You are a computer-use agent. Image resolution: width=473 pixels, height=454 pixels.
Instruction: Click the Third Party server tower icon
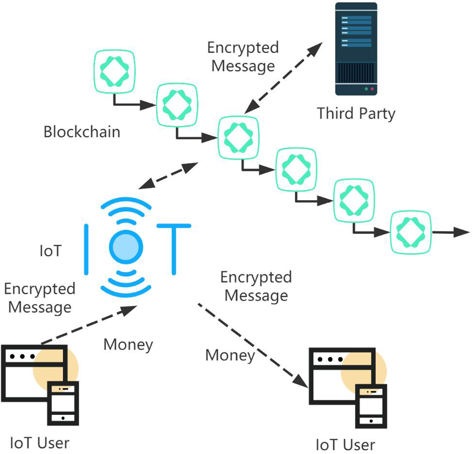pos(356,49)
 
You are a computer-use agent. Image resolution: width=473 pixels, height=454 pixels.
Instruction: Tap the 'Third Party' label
pos(356,113)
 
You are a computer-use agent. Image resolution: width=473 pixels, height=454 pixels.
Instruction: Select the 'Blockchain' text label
pos(82,132)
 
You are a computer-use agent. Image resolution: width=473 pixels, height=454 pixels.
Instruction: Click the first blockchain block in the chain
pos(114,71)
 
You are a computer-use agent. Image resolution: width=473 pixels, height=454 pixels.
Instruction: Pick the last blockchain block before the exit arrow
pos(410,233)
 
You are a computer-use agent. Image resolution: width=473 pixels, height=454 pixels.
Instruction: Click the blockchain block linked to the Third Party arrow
pos(238,137)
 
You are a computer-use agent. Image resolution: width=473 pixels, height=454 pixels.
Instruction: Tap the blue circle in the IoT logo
pos(126,247)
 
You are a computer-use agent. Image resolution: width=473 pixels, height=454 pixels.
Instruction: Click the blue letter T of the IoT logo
pos(174,248)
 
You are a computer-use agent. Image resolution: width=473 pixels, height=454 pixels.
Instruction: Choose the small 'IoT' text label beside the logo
pos(50,251)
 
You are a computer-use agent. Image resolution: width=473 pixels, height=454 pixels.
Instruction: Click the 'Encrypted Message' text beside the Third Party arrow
pos(243,56)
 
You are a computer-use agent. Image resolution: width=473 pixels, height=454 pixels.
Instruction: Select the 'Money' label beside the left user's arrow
pos(128,344)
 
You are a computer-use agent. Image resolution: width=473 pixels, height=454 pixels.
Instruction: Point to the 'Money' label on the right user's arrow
pos(230,355)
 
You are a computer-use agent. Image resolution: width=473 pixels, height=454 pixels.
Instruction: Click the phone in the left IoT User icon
pos(63,403)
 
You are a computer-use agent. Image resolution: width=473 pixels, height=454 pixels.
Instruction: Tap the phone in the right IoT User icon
pos(371,406)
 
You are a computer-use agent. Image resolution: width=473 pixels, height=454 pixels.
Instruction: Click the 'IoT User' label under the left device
pos(39,443)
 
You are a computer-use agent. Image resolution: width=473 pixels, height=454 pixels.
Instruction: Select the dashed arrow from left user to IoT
pos(89,325)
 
